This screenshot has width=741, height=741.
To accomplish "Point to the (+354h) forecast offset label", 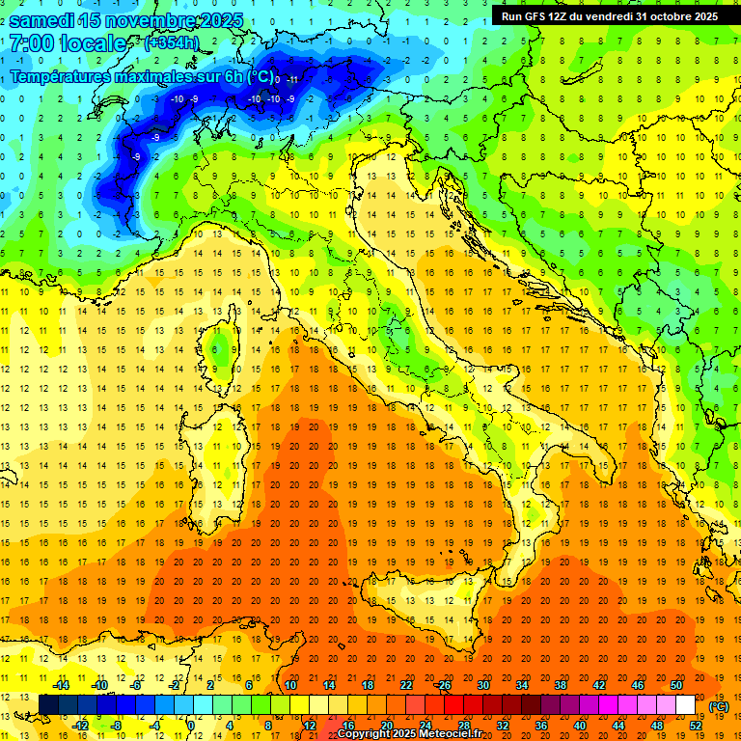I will (x=171, y=42).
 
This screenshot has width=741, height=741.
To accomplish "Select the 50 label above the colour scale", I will (x=676, y=684).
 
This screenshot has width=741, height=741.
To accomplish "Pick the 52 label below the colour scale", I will (x=696, y=725).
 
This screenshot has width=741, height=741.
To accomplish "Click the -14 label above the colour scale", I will (x=61, y=684).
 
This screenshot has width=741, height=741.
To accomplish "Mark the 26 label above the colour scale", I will (x=444, y=684).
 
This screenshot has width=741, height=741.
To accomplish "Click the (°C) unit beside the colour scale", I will (x=719, y=705).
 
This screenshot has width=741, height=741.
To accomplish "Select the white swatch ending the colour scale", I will (x=686, y=704).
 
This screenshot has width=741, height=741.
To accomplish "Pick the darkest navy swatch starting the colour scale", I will (x=48, y=704).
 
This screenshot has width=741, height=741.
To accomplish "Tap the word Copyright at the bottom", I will (x=363, y=734).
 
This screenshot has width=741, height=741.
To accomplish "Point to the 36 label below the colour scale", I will (x=541, y=725).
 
